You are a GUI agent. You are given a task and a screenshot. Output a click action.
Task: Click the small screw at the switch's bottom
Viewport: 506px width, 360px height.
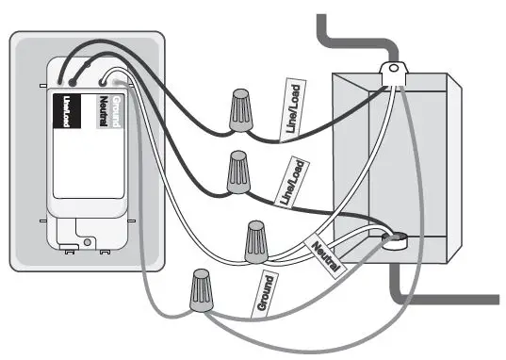pyautogui.click(x=88, y=243)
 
